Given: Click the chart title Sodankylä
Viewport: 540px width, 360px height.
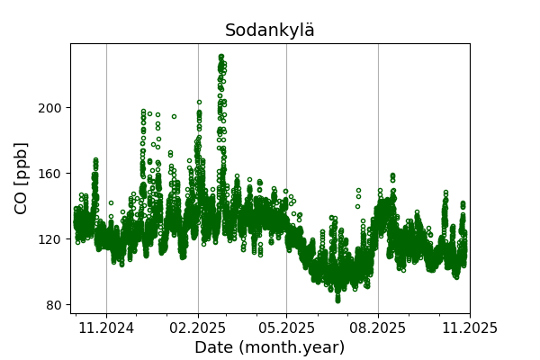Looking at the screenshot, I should click(270, 31).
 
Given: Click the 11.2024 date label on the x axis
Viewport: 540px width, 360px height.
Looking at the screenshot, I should click(106, 329).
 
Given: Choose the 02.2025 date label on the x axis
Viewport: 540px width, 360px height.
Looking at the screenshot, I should click(198, 329).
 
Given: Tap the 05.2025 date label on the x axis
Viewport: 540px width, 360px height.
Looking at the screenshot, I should click(286, 329).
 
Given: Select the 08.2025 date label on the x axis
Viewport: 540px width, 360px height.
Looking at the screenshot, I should click(378, 329).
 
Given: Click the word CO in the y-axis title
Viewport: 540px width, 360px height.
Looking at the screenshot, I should click(22, 200).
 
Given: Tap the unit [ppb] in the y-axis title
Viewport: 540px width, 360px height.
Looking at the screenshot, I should click(22, 162).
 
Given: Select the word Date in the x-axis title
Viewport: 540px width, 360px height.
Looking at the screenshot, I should click(214, 347).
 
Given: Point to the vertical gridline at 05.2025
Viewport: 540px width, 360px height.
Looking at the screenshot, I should click(286, 180).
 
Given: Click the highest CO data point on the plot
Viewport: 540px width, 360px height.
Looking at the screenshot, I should click(221, 57).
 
